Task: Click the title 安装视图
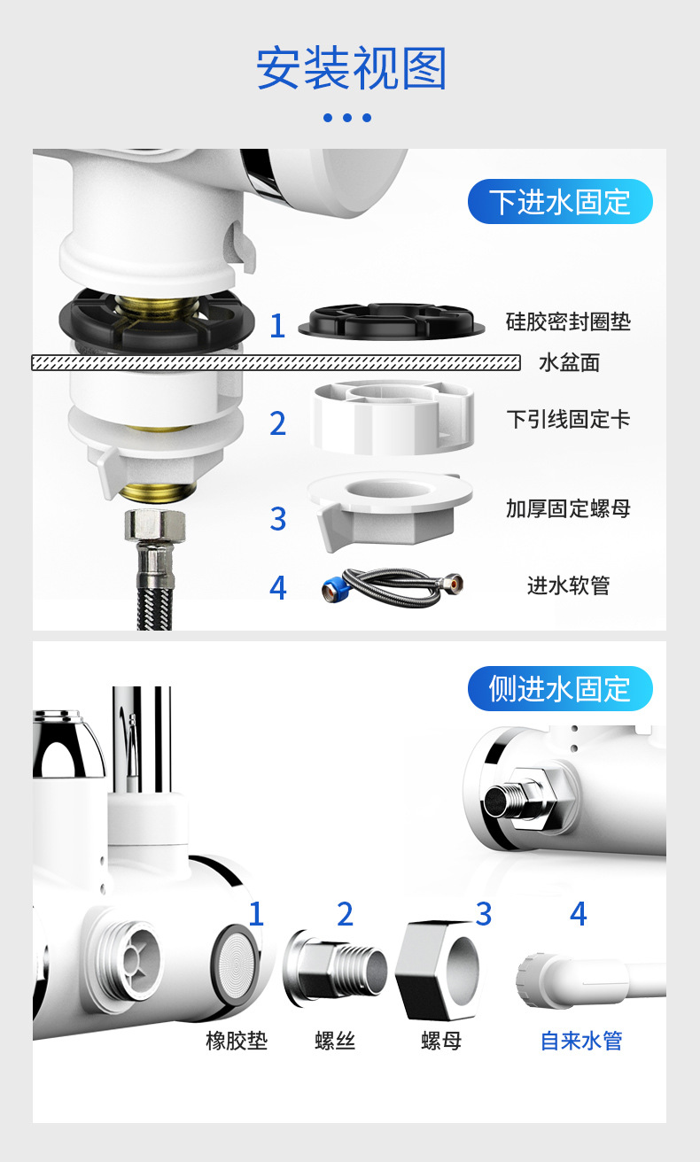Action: (x=351, y=69)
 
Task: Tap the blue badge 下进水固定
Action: (x=560, y=202)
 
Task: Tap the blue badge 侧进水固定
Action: (x=560, y=688)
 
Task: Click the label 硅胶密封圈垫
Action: (x=568, y=321)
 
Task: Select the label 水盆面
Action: (x=569, y=363)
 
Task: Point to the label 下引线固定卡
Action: (x=568, y=419)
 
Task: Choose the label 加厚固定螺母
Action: (x=568, y=508)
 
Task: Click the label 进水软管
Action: (x=568, y=585)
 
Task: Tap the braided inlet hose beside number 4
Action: (x=393, y=585)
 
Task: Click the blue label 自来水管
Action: (x=581, y=1041)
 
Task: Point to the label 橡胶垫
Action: (x=237, y=1041)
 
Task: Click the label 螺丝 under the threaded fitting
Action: (x=335, y=1041)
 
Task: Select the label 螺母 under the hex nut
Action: (x=440, y=1041)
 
